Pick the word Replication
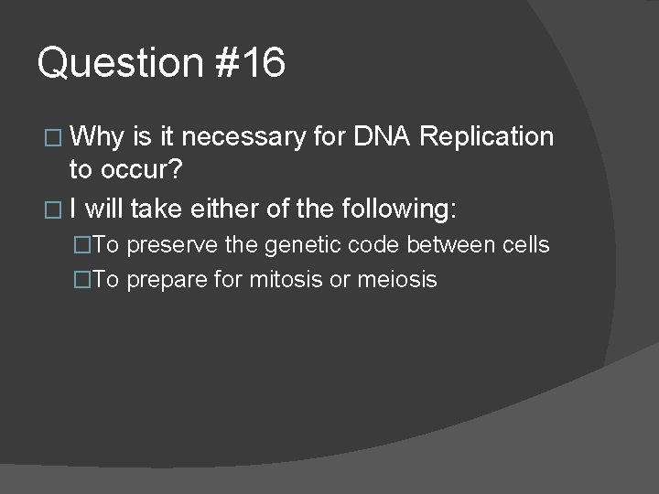click(488, 137)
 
